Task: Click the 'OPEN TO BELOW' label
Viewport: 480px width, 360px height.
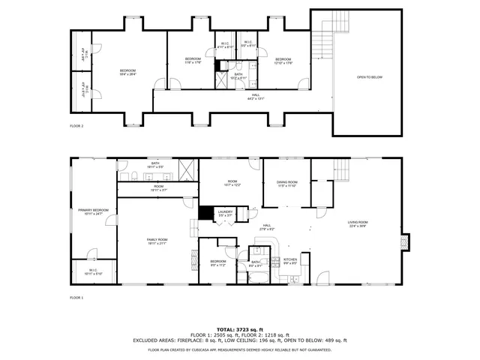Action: (x=370, y=77)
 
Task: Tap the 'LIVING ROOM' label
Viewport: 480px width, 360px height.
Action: (x=357, y=222)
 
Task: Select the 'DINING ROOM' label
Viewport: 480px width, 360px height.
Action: (x=287, y=182)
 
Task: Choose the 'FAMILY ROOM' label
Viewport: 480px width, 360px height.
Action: (x=157, y=239)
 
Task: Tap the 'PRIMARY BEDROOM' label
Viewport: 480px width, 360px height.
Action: (x=94, y=211)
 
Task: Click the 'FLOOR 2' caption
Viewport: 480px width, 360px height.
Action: (x=76, y=126)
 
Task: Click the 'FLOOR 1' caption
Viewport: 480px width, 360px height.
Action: (x=76, y=298)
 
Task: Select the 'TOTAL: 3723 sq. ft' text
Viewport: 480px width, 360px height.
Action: (x=239, y=329)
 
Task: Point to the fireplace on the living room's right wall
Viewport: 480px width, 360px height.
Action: (x=406, y=242)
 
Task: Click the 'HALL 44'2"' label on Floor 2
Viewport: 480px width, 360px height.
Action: (x=256, y=96)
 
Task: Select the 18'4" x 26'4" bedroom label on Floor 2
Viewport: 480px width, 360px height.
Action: (x=123, y=72)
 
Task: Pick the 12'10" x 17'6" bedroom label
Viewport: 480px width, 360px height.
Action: (x=282, y=60)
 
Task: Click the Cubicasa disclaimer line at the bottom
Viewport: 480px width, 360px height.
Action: (x=239, y=349)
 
